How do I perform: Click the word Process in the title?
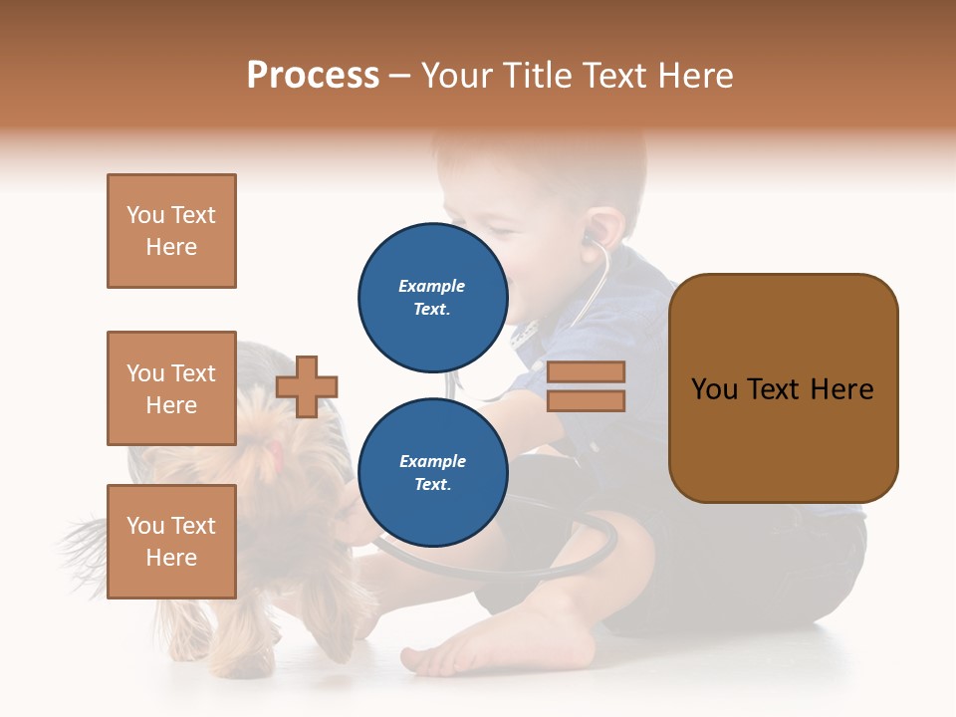[313, 76]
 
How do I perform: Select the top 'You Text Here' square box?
[171, 231]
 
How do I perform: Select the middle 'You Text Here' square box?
[171, 388]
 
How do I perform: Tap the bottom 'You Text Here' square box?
[171, 542]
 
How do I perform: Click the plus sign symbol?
[307, 386]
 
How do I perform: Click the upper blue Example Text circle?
[432, 297]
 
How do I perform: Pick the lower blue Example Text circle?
[432, 472]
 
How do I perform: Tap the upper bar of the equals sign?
[586, 371]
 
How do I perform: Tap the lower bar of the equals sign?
[586, 400]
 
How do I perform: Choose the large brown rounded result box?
[783, 388]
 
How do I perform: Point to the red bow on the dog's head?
[274, 455]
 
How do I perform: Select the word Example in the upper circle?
[432, 286]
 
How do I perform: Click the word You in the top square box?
[145, 215]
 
